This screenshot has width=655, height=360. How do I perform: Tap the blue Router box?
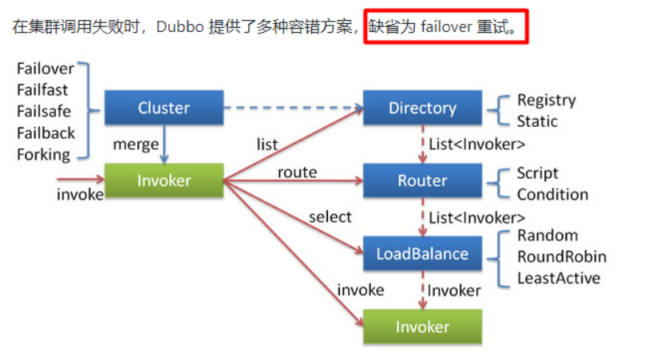422,180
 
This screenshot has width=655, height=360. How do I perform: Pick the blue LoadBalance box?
422,254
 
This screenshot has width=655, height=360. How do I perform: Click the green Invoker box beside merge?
164,180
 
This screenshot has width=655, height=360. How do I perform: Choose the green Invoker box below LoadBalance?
422,326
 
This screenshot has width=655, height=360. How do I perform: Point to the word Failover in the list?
45,69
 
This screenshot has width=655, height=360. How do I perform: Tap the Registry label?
546,100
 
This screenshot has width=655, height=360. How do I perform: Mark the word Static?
537,121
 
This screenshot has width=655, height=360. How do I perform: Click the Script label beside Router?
537,173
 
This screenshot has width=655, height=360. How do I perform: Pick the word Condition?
552,195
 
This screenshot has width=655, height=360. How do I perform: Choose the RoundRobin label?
562,257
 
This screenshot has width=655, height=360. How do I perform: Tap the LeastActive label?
558,278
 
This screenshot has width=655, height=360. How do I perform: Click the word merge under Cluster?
135,144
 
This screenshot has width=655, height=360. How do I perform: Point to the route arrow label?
297,172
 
